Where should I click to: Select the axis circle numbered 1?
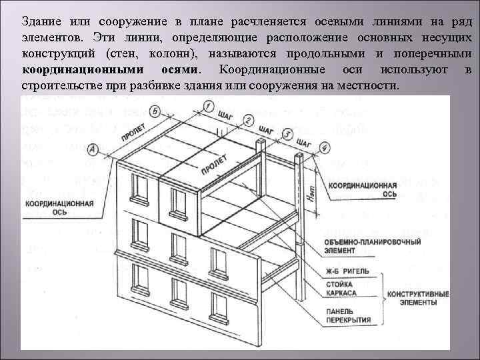(x=209, y=106)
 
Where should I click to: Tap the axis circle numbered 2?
(x=248, y=120)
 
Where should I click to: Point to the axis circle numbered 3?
(x=287, y=134)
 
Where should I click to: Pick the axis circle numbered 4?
(x=325, y=147)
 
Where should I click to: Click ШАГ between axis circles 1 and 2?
(x=225, y=114)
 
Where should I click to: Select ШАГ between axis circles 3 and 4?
(x=304, y=142)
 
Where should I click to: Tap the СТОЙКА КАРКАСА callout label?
(x=342, y=289)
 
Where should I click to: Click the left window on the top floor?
(x=140, y=187)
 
